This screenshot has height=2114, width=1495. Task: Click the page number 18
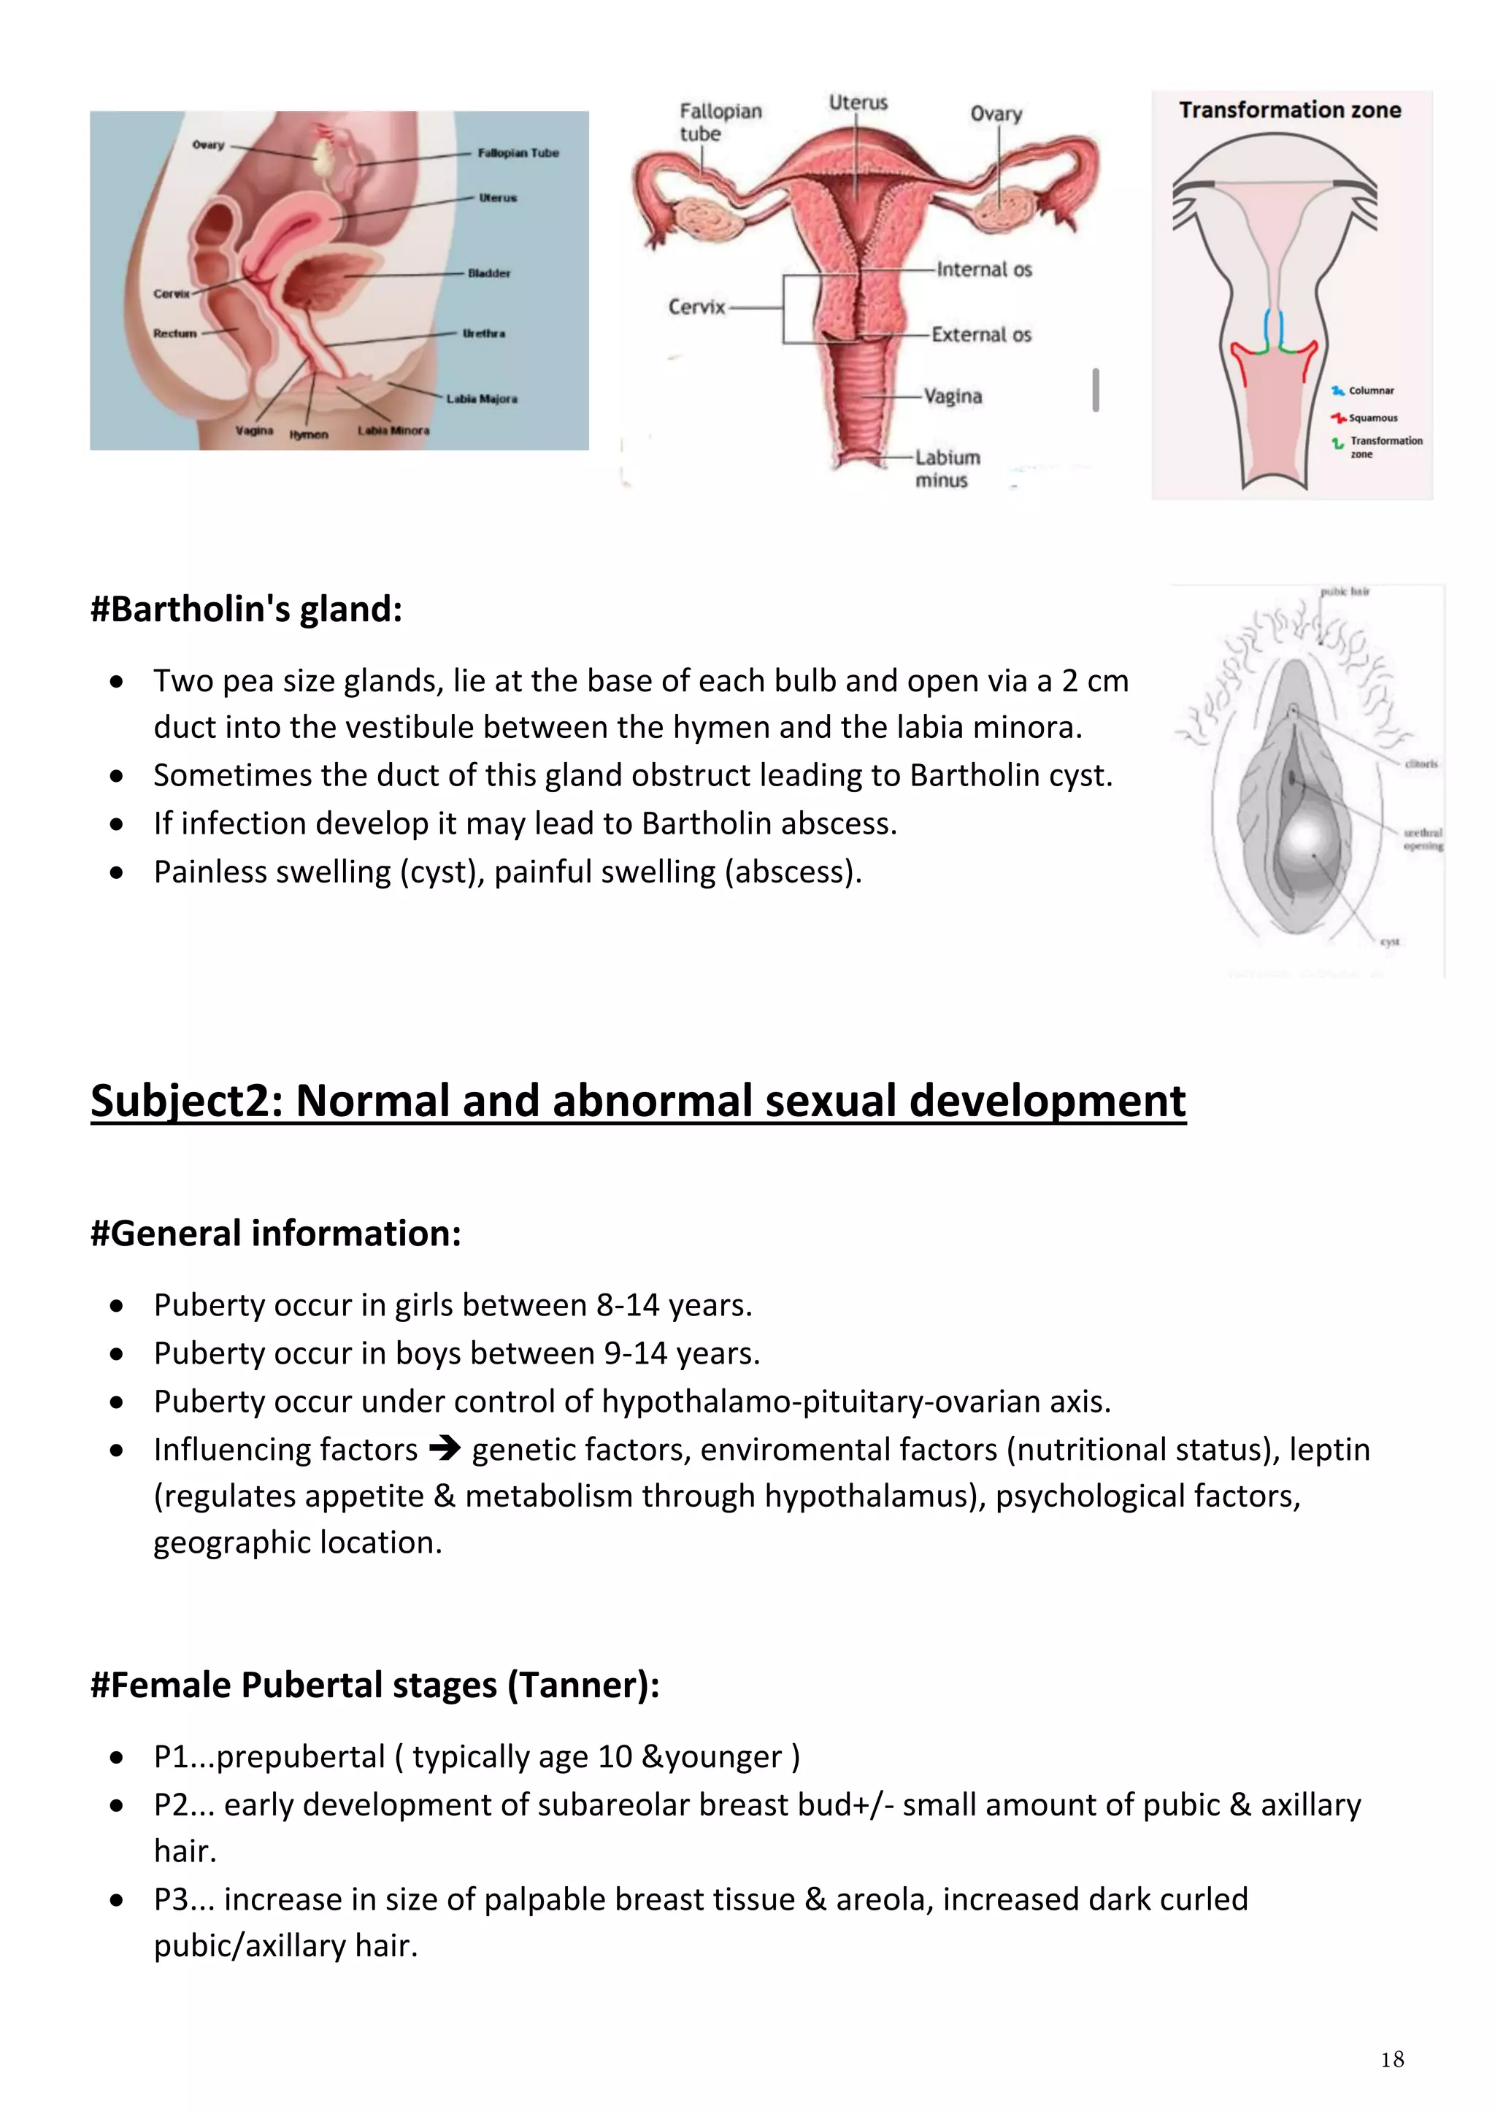click(x=1392, y=2059)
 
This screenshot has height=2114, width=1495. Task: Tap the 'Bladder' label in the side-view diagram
click(x=489, y=274)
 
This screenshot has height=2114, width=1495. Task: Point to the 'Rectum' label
click(x=175, y=334)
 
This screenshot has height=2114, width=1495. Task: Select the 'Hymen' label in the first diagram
click(x=308, y=434)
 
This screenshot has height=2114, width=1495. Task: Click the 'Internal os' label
click(x=984, y=270)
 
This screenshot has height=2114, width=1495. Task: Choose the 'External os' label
click(x=981, y=335)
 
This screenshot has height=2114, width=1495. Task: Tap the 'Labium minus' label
click(x=946, y=469)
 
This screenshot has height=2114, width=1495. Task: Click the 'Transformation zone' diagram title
click(x=1290, y=110)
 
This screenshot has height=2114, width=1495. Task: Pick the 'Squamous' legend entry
click(x=1372, y=418)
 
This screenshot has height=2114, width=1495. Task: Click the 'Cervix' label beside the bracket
click(x=697, y=307)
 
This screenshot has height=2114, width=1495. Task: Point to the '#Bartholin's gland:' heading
click(x=247, y=610)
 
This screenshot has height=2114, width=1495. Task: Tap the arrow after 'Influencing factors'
click(x=445, y=1449)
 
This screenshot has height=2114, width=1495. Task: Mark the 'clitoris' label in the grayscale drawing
click(x=1421, y=764)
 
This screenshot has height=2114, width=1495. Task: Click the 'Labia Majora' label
click(x=482, y=399)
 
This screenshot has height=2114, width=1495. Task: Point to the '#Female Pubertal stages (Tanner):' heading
click(x=374, y=1685)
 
